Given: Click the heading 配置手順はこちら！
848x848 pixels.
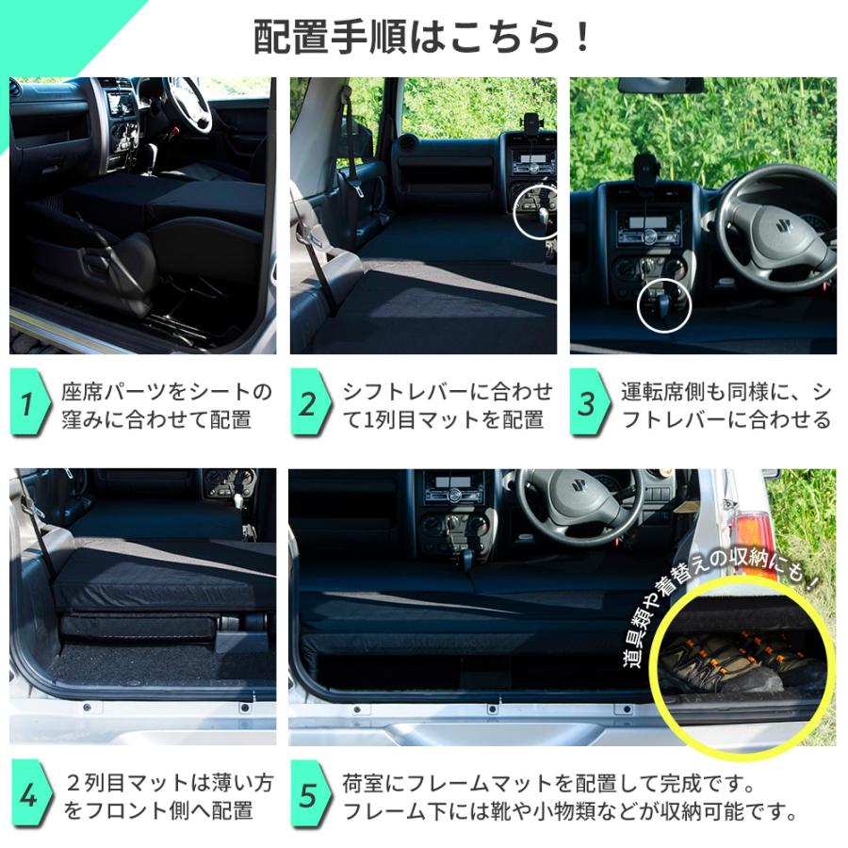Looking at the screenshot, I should click(424, 37).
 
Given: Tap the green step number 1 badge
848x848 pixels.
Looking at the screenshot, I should click(28, 404).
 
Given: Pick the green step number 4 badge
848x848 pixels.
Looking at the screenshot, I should click(28, 796).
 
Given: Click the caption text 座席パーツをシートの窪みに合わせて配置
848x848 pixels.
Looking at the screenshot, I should click(166, 405).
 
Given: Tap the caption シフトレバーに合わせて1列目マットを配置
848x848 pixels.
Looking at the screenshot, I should click(447, 405).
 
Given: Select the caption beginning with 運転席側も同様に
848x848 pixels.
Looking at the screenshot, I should click(726, 405).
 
